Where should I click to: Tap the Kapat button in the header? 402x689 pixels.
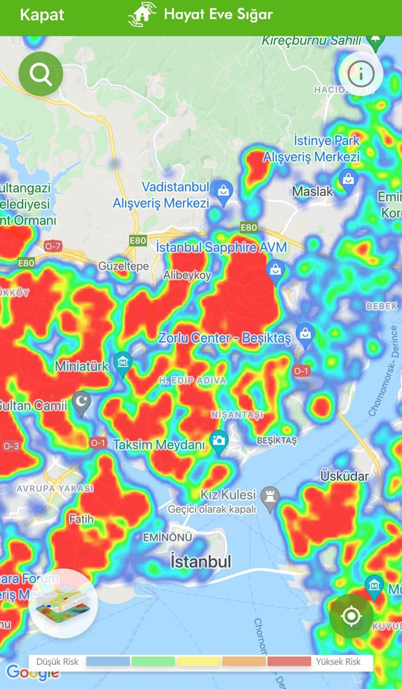click(x=42, y=15)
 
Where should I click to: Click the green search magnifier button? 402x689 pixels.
click(x=41, y=74)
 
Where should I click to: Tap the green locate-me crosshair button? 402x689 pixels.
click(x=351, y=616)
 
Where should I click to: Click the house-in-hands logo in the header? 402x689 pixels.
click(x=142, y=15)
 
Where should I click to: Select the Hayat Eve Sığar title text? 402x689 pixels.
click(x=218, y=15)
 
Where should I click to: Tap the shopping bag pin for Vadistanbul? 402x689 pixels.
click(x=223, y=191)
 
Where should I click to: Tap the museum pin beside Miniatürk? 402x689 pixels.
click(x=122, y=361)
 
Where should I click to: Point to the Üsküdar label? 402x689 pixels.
click(x=344, y=476)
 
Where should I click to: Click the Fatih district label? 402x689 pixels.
click(x=81, y=519)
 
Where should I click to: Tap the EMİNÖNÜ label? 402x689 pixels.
click(x=167, y=537)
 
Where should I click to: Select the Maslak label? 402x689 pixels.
click(x=312, y=191)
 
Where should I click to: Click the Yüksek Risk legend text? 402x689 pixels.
click(x=338, y=662)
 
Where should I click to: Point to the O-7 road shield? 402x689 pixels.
click(x=53, y=246)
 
